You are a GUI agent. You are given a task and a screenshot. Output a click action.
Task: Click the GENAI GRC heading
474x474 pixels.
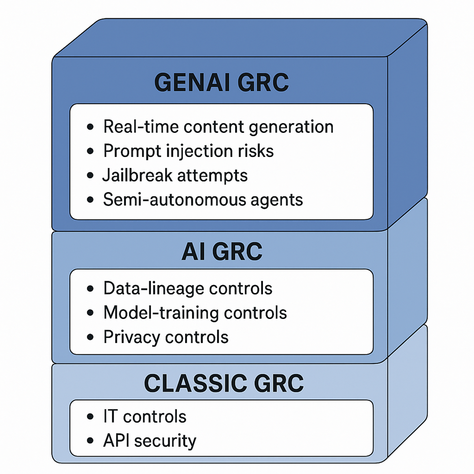[x=222, y=82]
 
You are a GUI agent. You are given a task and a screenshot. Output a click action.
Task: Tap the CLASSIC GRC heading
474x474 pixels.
[x=223, y=383]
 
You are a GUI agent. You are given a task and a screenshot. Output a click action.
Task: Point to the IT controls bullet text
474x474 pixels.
[x=145, y=416]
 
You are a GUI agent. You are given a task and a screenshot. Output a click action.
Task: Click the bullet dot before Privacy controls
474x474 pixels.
[x=91, y=338]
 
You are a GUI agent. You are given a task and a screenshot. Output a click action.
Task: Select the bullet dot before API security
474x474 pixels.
[x=91, y=441]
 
